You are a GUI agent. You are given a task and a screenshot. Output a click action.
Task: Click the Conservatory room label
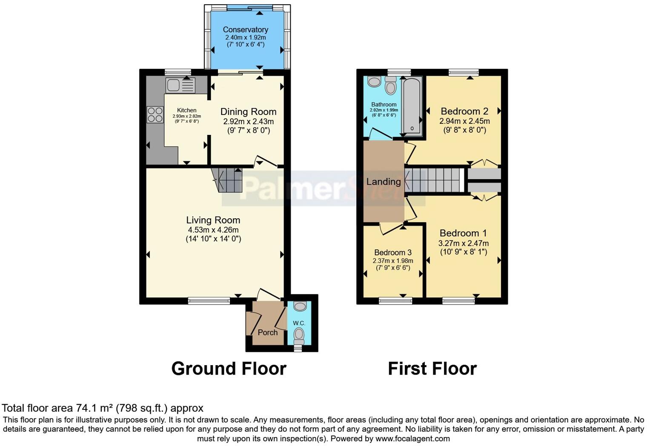(x=245, y=29)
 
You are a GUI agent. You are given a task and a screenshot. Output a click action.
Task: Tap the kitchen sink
(x=180, y=85)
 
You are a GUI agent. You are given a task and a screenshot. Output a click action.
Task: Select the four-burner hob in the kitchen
(x=155, y=114)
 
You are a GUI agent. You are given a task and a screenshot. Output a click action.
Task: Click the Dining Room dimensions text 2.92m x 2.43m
(x=248, y=121)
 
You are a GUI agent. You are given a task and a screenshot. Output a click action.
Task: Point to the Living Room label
(x=213, y=220)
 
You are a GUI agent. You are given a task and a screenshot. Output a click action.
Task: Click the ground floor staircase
(x=227, y=180)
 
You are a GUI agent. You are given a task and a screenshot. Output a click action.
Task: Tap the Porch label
(x=267, y=332)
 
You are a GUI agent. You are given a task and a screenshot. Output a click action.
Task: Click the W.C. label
(x=299, y=323)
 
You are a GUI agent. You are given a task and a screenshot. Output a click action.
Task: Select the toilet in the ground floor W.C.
(x=300, y=334)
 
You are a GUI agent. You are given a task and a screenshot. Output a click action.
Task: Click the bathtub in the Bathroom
(x=412, y=106)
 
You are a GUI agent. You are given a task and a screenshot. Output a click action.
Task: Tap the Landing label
(x=384, y=182)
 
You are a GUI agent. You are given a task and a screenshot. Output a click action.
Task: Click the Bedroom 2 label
(x=464, y=111)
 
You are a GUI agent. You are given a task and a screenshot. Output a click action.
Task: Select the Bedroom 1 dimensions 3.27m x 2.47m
(x=464, y=243)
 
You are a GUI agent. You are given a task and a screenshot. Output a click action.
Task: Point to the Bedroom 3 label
(x=393, y=252)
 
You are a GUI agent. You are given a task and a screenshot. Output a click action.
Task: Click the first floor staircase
(x=434, y=180)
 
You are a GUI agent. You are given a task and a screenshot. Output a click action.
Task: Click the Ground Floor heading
(x=229, y=369)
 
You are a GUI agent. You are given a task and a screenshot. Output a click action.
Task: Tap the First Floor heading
(x=432, y=369)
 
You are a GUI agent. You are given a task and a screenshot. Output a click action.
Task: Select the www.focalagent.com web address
(x=412, y=439)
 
